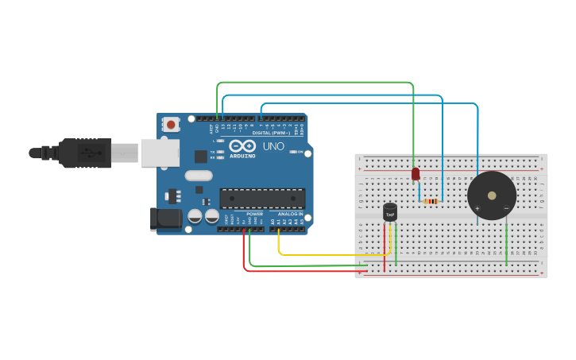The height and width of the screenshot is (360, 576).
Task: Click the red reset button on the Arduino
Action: click(170, 124)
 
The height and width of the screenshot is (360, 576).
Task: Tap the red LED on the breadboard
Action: click(416, 173)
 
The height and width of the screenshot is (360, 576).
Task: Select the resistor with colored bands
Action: click(431, 201)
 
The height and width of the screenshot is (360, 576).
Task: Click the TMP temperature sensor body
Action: click(390, 212)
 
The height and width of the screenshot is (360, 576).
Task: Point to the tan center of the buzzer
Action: click(491, 194)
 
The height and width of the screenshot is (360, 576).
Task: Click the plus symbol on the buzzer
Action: click(477, 209)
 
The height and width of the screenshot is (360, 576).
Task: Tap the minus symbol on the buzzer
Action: click(506, 209)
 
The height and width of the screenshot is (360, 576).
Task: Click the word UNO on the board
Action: click(273, 147)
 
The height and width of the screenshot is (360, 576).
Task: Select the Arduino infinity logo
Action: click(242, 146)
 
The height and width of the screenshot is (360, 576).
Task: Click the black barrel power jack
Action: click(164, 219)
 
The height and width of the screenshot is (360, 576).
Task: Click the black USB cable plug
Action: click(87, 153)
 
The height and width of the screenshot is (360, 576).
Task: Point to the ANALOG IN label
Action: click(290, 214)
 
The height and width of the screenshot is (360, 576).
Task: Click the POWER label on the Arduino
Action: click(254, 214)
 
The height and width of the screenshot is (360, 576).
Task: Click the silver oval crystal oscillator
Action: click(199, 176)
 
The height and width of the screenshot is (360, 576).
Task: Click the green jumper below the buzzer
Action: click(506, 242)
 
